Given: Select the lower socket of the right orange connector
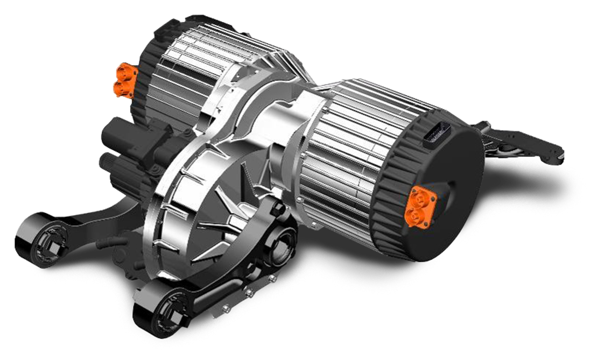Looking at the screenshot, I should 416,217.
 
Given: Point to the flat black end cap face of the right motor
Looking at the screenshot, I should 447,178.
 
